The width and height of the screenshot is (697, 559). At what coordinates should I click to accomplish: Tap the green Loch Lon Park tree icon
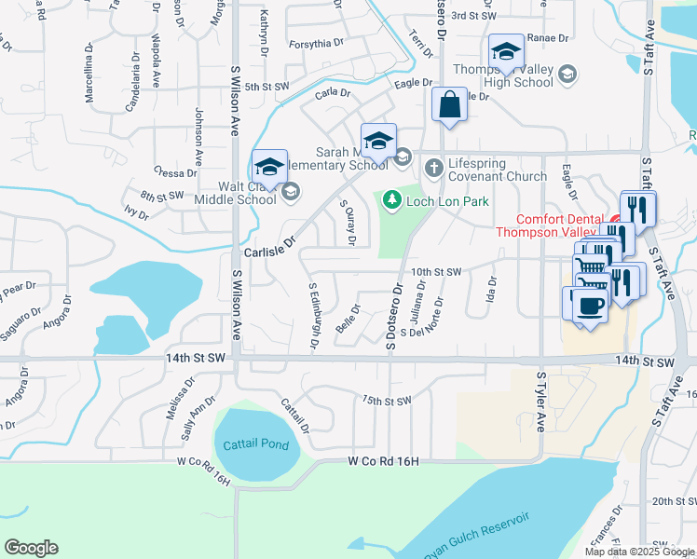(x=393, y=199)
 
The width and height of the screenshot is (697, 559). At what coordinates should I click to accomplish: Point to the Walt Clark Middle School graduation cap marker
(x=269, y=167)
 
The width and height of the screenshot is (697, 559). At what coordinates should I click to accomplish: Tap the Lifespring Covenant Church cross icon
(x=433, y=169)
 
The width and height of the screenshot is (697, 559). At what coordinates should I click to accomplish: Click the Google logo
(x=31, y=548)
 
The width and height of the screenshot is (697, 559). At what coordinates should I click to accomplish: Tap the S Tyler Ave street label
(x=540, y=401)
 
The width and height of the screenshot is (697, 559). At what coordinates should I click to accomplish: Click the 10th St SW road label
(x=436, y=272)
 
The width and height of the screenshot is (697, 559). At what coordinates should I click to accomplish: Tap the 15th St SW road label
(x=387, y=401)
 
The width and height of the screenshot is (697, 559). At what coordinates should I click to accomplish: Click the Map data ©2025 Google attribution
(x=638, y=552)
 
